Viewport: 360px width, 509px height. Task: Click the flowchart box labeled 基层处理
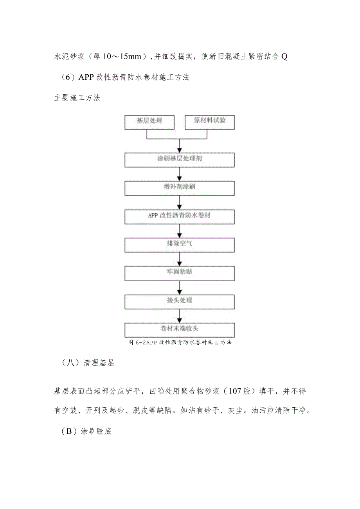tap(149, 122)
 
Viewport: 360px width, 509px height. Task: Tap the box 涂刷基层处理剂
tap(180, 160)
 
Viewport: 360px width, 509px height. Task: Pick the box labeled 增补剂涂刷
tap(180, 188)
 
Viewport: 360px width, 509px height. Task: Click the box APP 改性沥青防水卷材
tap(180, 216)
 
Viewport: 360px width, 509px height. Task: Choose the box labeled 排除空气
tap(180, 245)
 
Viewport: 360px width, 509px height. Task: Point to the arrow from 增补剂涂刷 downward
tap(180, 202)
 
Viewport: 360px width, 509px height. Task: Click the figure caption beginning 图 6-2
tap(180, 342)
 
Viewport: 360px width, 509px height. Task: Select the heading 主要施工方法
tap(77, 98)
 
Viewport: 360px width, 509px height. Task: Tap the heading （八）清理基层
tap(88, 363)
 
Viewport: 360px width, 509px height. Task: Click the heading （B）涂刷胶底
tap(87, 432)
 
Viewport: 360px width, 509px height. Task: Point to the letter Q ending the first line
tap(284, 57)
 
